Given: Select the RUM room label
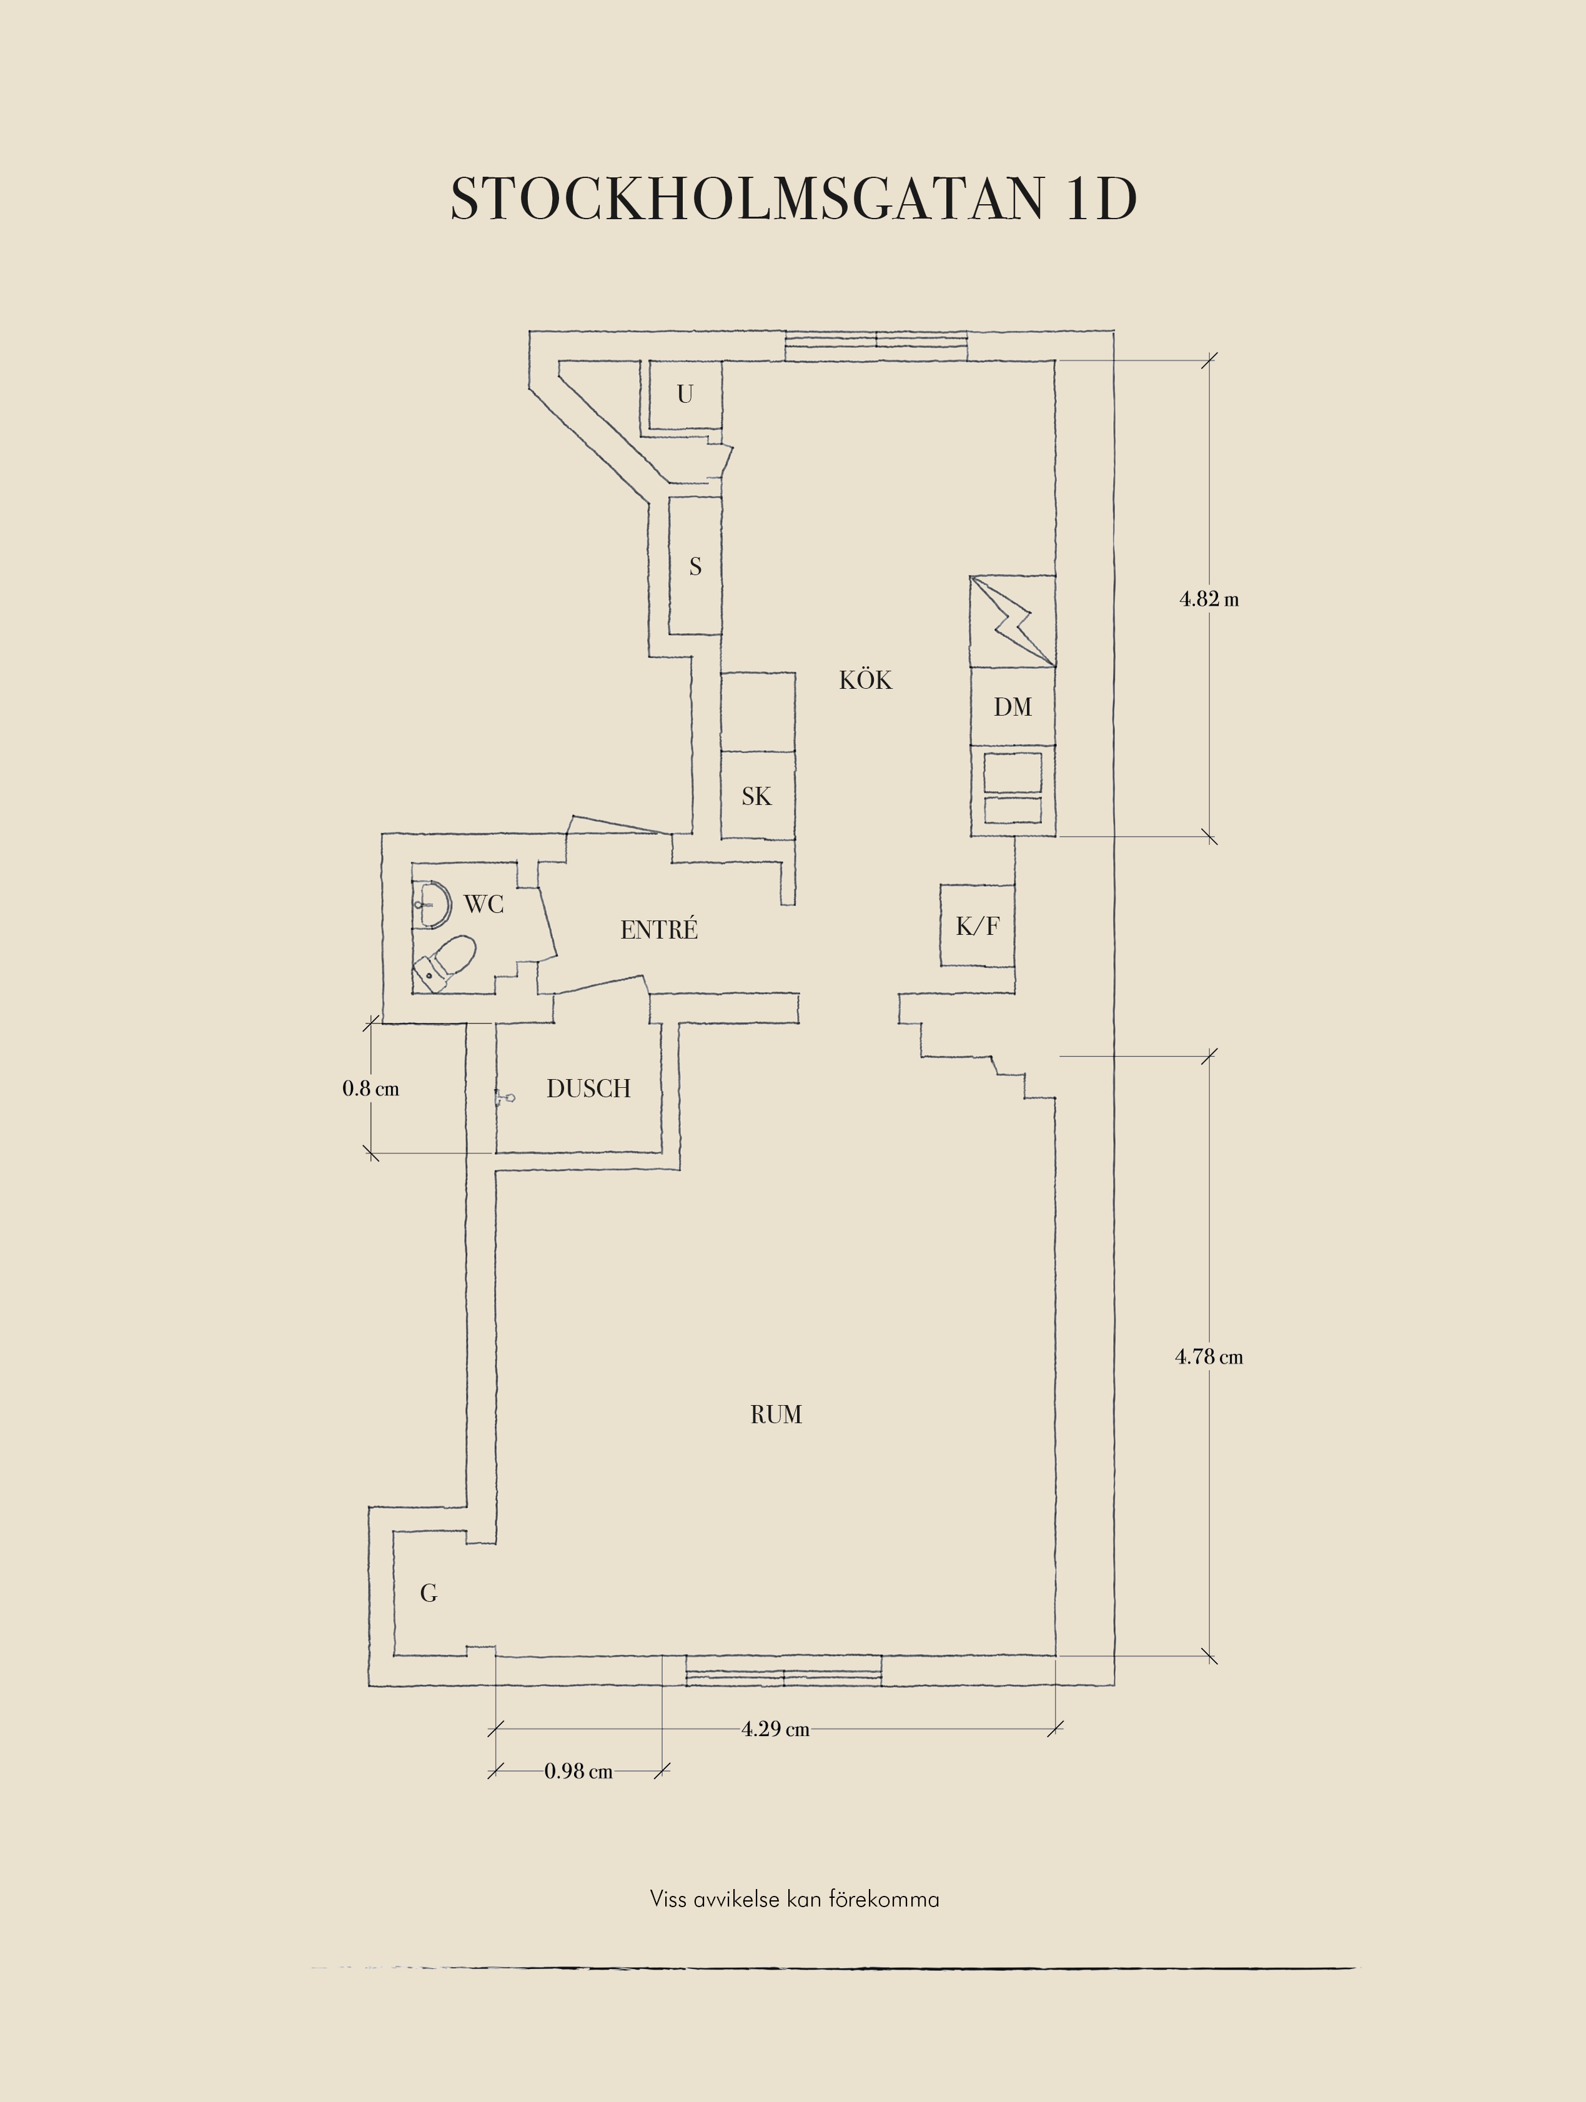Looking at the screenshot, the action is click(776, 1415).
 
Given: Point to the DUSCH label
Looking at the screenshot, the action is click(588, 1089).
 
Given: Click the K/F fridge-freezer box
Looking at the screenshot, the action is click(978, 925).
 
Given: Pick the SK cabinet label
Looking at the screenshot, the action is click(756, 796).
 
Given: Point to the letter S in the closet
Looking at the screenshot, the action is click(696, 566).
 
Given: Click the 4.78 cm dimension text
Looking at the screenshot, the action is click(1209, 1357).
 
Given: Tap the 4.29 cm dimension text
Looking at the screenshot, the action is click(775, 1729).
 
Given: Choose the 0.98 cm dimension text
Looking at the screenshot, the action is click(578, 1771).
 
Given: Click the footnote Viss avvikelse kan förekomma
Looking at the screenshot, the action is click(795, 1900).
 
